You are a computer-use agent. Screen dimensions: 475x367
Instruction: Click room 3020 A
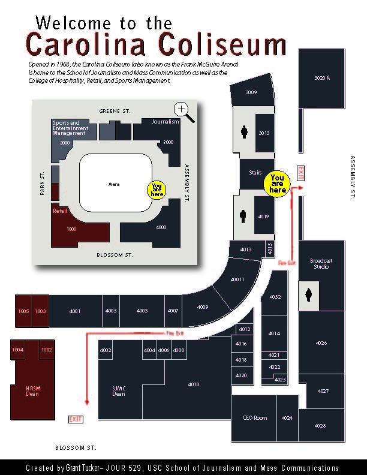323,78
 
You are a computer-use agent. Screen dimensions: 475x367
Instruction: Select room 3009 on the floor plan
251,92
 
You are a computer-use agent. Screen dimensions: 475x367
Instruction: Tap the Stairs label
255,173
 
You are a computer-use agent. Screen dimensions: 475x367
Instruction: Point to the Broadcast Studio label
321,263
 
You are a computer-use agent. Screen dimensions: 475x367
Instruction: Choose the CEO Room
254,417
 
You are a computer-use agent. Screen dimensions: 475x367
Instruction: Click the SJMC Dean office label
119,391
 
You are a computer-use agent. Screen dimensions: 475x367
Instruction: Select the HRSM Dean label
32,391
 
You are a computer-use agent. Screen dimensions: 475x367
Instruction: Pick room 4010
193,384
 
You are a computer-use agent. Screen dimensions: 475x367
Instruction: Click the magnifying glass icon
181,109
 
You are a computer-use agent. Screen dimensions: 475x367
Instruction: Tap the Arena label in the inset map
114,184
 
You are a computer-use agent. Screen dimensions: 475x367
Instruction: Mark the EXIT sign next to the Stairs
301,173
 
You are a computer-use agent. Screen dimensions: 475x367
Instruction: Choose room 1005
23,311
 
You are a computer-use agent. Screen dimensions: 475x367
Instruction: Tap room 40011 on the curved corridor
237,279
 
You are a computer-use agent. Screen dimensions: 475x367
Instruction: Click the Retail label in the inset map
59,211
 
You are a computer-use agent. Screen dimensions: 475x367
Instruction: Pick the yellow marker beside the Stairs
277,182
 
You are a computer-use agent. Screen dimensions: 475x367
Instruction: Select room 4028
320,425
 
